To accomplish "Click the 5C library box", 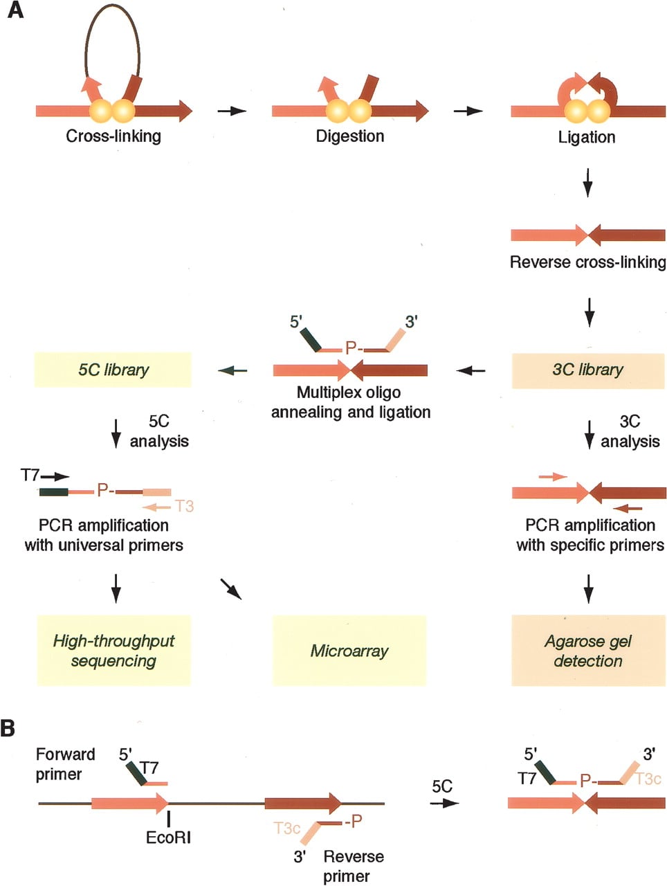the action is (x=113, y=370).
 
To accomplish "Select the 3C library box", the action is (x=588, y=370).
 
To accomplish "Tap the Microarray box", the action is (x=349, y=650).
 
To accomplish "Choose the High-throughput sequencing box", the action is (x=113, y=650).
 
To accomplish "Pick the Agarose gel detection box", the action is (x=588, y=650).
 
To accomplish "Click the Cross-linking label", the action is (x=113, y=136).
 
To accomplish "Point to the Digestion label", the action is (x=350, y=136).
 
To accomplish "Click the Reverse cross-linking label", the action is (x=588, y=262).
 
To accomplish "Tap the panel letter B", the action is (x=8, y=729).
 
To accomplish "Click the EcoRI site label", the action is (x=168, y=838).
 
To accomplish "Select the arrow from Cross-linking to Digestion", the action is (x=232, y=111).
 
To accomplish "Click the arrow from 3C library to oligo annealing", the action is (x=470, y=370).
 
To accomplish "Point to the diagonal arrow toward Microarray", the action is (x=231, y=589).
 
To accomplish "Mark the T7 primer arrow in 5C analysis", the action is (x=55, y=477).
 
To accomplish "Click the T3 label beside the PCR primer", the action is (x=185, y=506).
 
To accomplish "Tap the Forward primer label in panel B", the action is (x=65, y=764).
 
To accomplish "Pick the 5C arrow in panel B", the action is (x=444, y=803).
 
